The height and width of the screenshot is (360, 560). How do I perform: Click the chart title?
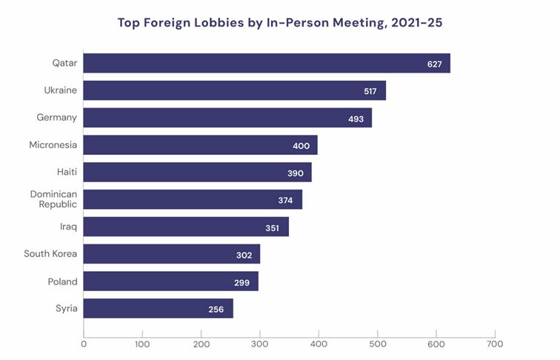click(280, 22)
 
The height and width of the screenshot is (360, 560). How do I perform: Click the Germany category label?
click(57, 118)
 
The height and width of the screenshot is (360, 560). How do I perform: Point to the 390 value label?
click(296, 173)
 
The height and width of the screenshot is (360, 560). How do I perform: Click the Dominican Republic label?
click(53, 199)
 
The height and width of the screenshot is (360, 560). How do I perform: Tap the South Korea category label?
click(50, 254)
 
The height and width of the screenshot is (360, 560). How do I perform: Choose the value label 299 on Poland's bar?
click(242, 282)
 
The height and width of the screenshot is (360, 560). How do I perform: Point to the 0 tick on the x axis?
click(84, 344)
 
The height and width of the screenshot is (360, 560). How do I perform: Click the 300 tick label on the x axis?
click(260, 344)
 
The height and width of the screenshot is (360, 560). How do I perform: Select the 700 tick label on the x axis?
click(495, 344)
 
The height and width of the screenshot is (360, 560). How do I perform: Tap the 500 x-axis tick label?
click(378, 344)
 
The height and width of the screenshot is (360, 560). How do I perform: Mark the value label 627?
click(435, 64)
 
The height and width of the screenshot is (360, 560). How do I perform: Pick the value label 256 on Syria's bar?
click(216, 310)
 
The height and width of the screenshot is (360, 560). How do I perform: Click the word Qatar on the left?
click(64, 63)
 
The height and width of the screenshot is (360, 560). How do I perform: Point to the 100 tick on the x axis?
click(142, 344)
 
